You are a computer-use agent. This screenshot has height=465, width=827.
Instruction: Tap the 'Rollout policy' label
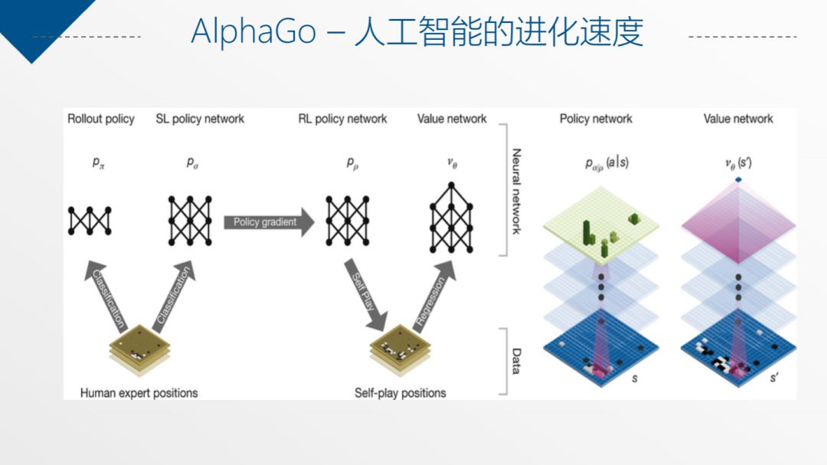pyautogui.click(x=101, y=119)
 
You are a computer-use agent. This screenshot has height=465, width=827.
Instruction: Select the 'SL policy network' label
pyautogui.click(x=200, y=119)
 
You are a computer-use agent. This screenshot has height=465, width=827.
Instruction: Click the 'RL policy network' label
pyautogui.click(x=342, y=119)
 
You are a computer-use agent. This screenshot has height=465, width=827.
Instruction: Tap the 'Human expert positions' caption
pyautogui.click(x=139, y=393)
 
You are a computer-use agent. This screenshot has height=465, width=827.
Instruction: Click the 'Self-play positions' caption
pyautogui.click(x=400, y=393)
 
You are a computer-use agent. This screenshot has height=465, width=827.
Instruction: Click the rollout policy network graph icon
pyautogui.click(x=90, y=221)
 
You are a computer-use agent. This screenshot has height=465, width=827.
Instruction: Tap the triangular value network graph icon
pyautogui.click(x=452, y=218)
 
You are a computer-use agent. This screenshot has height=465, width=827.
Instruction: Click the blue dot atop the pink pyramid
pyautogui.click(x=738, y=180)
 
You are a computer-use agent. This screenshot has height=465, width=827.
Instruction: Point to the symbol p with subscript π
pyautogui.click(x=99, y=163)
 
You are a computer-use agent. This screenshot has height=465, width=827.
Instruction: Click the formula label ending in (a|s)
pyautogui.click(x=606, y=163)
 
